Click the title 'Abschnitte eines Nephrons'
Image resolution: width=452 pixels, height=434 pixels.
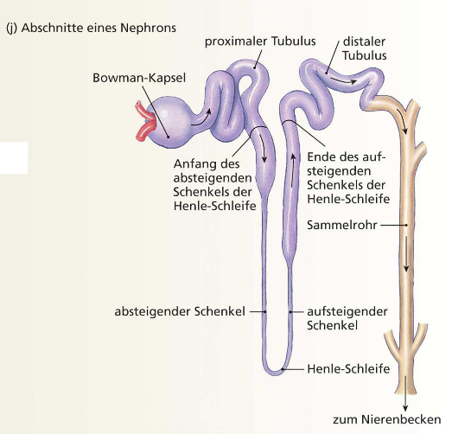tap(99, 29)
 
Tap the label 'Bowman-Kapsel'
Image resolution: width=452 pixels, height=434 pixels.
tap(139, 78)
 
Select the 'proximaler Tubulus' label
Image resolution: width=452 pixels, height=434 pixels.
tap(260, 41)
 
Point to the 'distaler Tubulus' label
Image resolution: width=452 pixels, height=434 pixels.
tap(365, 48)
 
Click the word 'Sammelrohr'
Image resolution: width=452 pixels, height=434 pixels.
tap(342, 225)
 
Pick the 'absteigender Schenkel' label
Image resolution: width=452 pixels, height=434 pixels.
tap(180, 311)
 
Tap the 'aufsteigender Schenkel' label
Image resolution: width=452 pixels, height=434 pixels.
tap(347, 318)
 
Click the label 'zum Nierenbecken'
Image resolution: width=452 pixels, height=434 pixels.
tap(387, 419)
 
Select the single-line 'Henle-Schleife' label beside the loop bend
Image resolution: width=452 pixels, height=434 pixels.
tap(348, 369)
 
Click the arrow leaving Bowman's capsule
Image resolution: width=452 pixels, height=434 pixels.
tap(201, 118)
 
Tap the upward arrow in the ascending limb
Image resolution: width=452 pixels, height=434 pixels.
tap(293, 170)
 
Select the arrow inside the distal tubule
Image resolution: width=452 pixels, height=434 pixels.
tap(343, 80)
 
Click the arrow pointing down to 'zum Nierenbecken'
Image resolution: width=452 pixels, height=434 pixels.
tap(405, 393)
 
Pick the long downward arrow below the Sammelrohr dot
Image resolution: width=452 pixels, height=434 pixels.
tap(406, 254)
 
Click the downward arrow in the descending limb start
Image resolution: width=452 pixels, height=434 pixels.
tap(263, 149)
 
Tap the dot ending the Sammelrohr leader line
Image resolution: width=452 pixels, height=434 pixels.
tap(406, 225)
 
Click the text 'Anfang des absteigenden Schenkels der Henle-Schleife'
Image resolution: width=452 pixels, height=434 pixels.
tap(214, 185)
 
